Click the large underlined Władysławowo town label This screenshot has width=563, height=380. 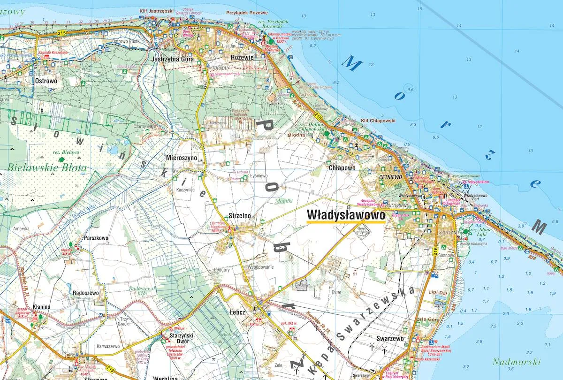[345, 215]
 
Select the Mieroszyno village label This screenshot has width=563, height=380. [182, 158]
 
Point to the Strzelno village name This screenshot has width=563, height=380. [240, 215]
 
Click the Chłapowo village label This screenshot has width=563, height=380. [342, 167]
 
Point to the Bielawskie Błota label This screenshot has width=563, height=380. [47, 167]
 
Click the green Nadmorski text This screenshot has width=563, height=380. [517, 362]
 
